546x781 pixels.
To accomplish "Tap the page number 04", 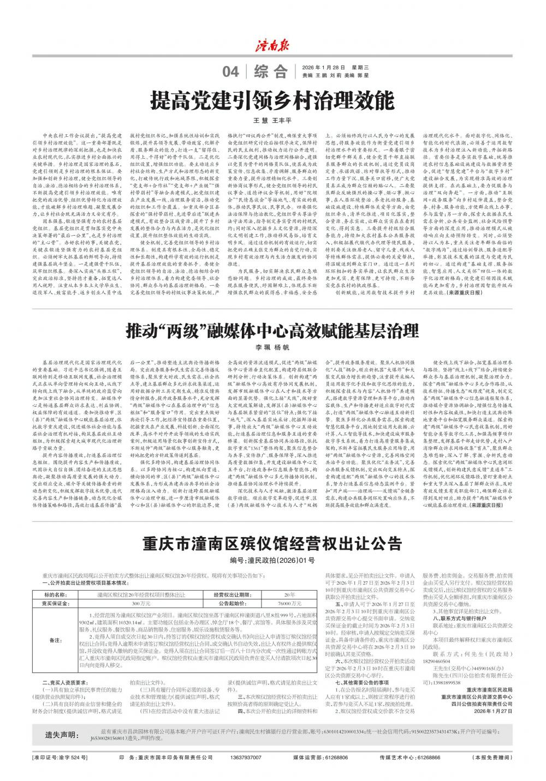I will pyautogui.click(x=231, y=71).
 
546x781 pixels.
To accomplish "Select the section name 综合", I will pyautogui.click(x=274, y=71).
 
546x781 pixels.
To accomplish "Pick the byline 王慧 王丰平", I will pyautogui.click(x=272, y=120).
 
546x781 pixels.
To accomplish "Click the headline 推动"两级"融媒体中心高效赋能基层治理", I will pyautogui.click(x=272, y=330).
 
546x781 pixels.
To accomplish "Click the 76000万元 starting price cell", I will pyautogui.click(x=289, y=604).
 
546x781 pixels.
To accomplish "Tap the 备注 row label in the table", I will pyautogui.click(x=56, y=639).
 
